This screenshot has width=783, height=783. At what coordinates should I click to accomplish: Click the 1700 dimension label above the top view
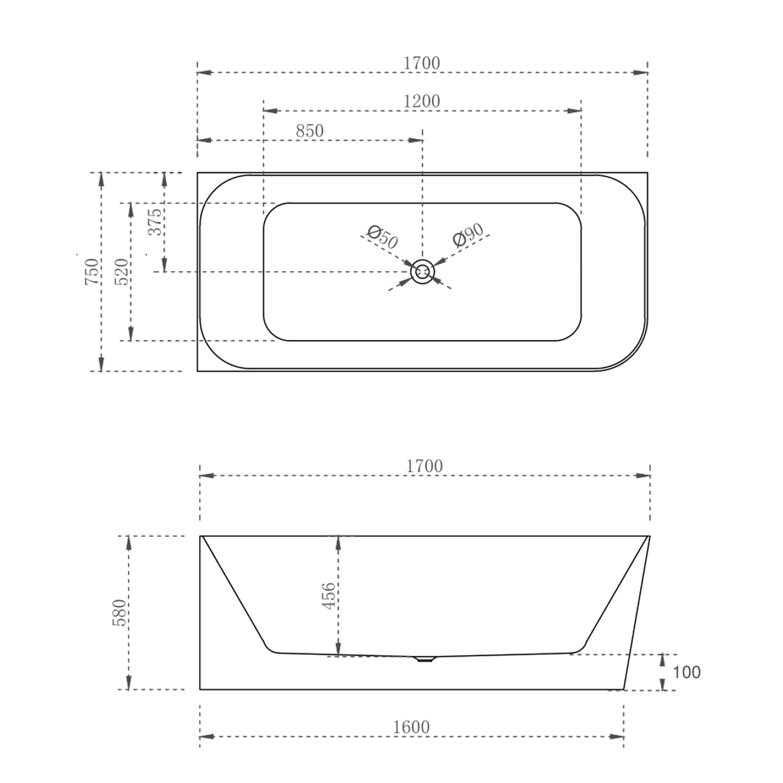(x=421, y=64)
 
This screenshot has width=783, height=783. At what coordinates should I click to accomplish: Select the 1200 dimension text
(x=421, y=101)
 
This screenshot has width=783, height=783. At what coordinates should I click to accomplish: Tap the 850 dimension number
(x=310, y=131)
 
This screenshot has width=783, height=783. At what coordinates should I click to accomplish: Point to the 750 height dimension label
(x=92, y=271)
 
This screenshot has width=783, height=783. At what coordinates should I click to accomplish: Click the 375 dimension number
(x=155, y=222)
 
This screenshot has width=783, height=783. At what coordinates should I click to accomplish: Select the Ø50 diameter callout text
(x=382, y=237)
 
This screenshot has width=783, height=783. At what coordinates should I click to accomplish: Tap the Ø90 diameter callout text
(x=468, y=236)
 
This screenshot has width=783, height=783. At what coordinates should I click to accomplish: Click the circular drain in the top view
(x=422, y=272)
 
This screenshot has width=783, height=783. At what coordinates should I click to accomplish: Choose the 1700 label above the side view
(x=424, y=467)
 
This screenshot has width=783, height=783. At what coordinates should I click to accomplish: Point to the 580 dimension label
(x=120, y=613)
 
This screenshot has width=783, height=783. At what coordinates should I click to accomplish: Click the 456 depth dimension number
(x=329, y=596)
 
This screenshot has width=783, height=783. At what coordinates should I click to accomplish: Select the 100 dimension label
(x=687, y=673)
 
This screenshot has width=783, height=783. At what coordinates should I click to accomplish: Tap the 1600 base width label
(x=411, y=727)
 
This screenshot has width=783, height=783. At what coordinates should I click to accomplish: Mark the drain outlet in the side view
(x=423, y=659)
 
